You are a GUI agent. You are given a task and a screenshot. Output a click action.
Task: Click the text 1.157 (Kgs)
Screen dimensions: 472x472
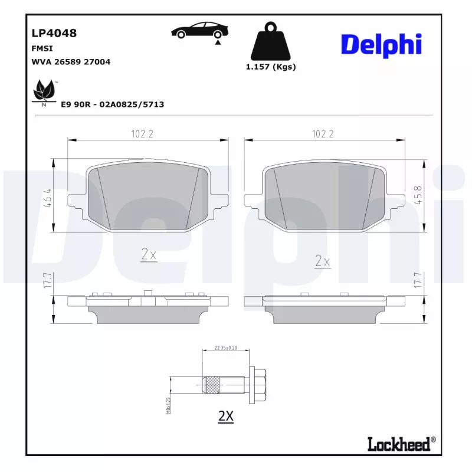[271, 67]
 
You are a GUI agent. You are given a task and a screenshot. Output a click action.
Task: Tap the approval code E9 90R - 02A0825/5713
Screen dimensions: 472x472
[113, 104]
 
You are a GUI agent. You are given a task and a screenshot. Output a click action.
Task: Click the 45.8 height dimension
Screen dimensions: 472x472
[418, 195]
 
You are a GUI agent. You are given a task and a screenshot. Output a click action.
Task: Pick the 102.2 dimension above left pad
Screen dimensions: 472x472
[142, 135]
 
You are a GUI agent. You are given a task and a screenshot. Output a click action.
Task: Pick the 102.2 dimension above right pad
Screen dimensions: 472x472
[323, 135]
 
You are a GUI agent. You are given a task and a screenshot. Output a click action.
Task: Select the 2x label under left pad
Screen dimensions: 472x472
[148, 255]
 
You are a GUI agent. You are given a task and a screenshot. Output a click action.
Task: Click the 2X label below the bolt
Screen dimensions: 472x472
[226, 416]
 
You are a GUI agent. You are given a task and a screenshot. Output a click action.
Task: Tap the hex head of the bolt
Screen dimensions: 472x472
[260, 385]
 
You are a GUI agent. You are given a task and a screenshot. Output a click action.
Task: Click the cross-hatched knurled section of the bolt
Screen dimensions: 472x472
[212, 385]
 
